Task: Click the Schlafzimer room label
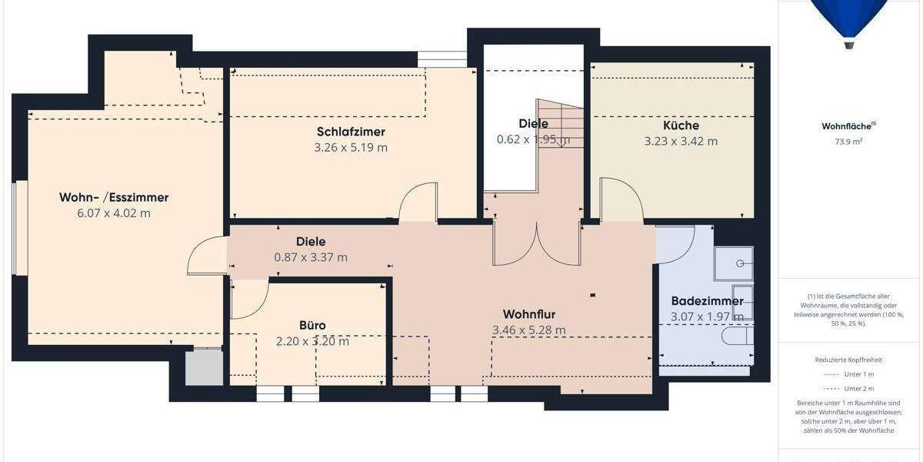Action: tap(351, 132)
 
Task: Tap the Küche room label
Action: tap(681, 126)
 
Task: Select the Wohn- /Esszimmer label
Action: tap(114, 197)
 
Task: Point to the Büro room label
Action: tap(312, 325)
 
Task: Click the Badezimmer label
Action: tap(707, 301)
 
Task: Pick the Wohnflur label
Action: tap(529, 314)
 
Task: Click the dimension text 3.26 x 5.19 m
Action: tap(351, 147)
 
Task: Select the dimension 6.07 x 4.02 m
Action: tap(114, 213)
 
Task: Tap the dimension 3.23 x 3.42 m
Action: tap(681, 141)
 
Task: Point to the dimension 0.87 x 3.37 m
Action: tap(311, 257)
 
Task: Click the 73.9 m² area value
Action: tap(848, 142)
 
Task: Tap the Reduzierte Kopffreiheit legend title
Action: tap(848, 360)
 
